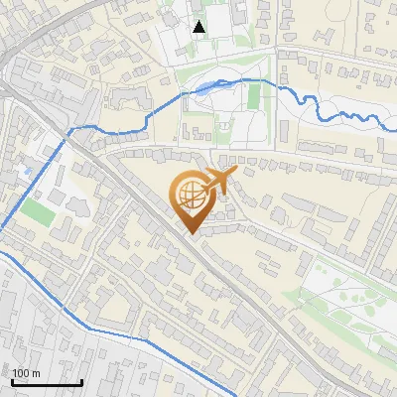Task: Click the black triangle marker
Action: [x=199, y=27]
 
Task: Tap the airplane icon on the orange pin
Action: [x=216, y=182]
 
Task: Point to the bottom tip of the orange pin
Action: [x=191, y=234]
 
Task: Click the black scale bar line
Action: [x=46, y=383]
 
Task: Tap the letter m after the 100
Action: [x=35, y=373]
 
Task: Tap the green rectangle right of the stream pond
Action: [x=254, y=96]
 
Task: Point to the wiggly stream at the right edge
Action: [x=367, y=118]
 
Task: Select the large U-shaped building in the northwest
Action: [x=120, y=100]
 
